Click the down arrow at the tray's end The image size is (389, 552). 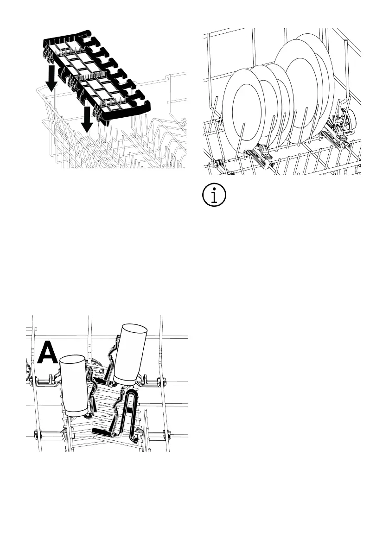click(x=52, y=78)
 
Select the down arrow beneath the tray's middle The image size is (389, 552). click(x=86, y=119)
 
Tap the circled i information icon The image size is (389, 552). click(x=214, y=196)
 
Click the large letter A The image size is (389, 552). click(x=48, y=353)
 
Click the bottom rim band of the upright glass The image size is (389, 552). click(x=74, y=412)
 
